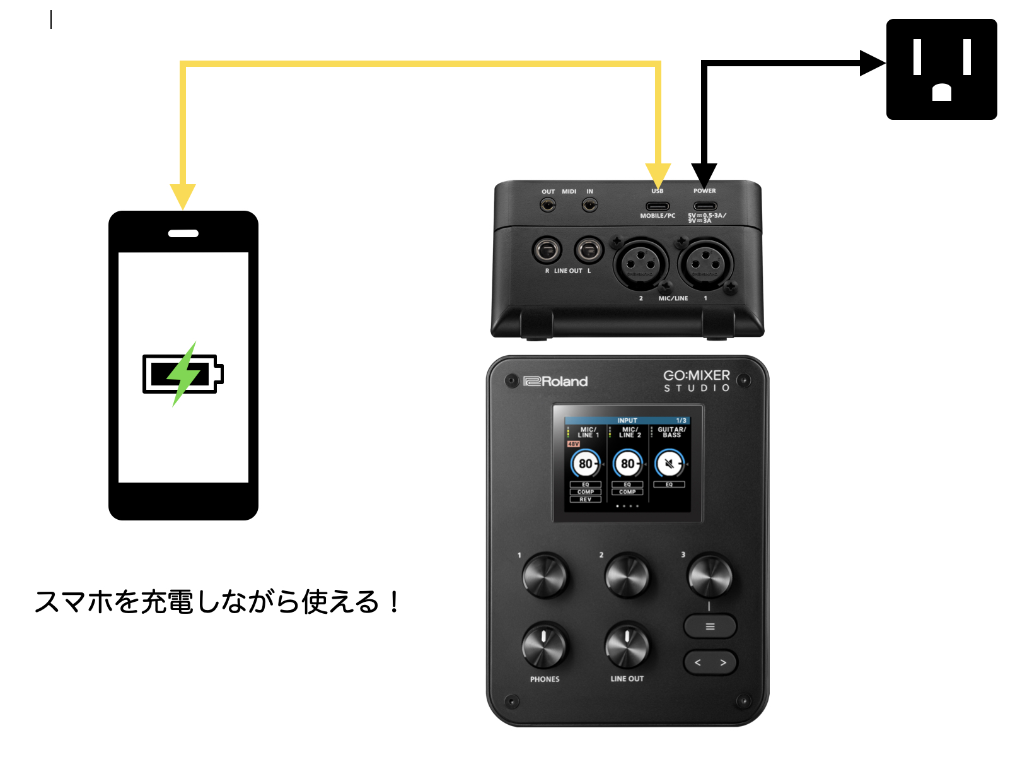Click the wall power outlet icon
point(941,69)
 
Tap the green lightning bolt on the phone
point(183,373)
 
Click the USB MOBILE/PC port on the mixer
point(657,206)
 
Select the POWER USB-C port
point(705,206)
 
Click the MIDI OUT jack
point(548,205)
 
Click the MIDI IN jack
point(589,205)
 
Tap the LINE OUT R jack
point(547,251)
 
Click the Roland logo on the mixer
point(555,381)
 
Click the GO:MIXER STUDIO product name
point(697,380)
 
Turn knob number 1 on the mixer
point(545,575)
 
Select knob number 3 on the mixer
point(710,575)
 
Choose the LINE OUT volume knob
point(627,646)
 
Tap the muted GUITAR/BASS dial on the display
point(669,464)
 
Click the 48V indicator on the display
point(573,444)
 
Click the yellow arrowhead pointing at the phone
point(183,196)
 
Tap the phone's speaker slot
point(183,233)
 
